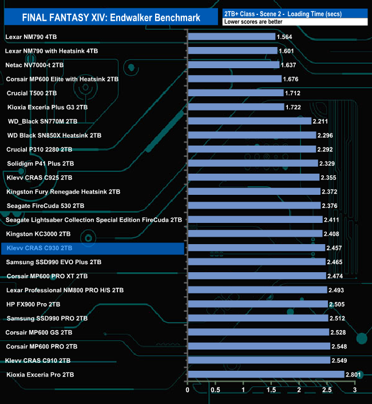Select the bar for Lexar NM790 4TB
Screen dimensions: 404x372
231,37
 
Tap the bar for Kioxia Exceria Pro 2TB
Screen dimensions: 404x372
266,374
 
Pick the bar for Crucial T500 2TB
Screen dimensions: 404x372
235,93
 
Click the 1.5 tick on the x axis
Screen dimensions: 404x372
271,390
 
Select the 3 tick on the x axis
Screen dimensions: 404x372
355,390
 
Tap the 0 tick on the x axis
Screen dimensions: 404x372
188,390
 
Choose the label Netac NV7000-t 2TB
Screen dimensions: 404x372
35,65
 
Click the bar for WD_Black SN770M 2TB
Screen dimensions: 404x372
249,121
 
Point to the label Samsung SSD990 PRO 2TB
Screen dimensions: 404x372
47,318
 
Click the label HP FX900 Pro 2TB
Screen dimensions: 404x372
33,304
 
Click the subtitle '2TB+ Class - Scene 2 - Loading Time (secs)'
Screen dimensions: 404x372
287,13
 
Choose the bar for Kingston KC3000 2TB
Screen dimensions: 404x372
255,234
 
